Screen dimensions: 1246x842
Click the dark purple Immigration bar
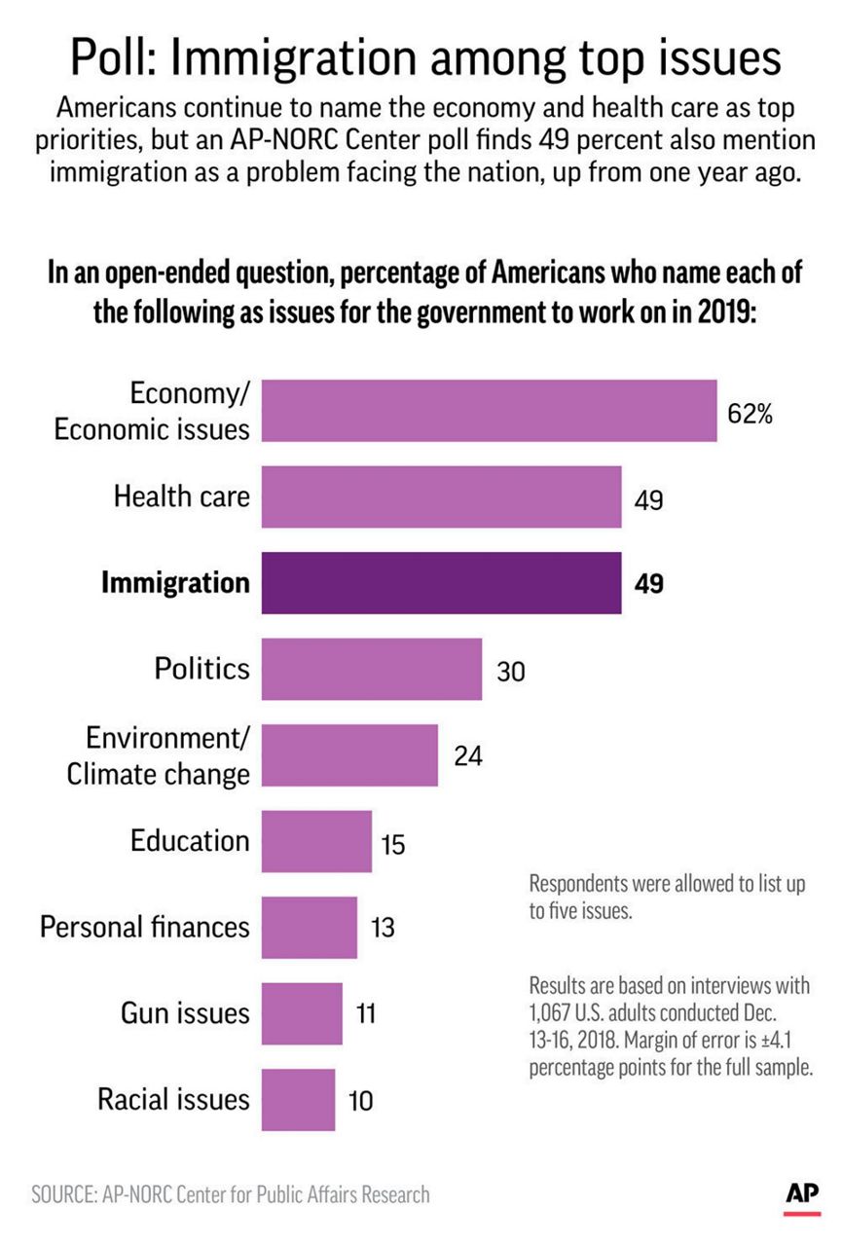[x=441, y=583]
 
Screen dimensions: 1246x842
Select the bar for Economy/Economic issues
[x=490, y=411]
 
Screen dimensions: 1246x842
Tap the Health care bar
[x=441, y=497]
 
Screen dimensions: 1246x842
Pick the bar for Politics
[x=372, y=669]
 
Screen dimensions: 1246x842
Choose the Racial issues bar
[x=299, y=1100]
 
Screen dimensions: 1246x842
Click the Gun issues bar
[x=303, y=1013]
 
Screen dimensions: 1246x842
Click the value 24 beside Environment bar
[x=468, y=755]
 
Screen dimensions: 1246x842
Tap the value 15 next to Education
[x=393, y=843]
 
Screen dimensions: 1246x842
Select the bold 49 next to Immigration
[x=649, y=585]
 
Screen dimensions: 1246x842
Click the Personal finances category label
[x=145, y=927]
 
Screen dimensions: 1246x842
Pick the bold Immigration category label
[x=175, y=583]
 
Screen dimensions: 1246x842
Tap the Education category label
[x=190, y=840]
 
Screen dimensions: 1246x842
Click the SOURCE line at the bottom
[x=230, y=1194]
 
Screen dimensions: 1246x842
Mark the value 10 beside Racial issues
[x=360, y=1101]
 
